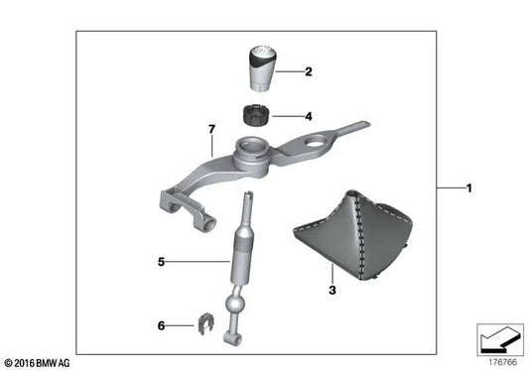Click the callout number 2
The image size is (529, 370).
(309, 71)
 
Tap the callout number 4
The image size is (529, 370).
(309, 116)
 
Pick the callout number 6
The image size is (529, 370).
(162, 323)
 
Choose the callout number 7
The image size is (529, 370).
(210, 128)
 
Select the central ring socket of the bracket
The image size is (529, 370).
(255, 152)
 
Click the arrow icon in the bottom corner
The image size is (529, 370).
(499, 339)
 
